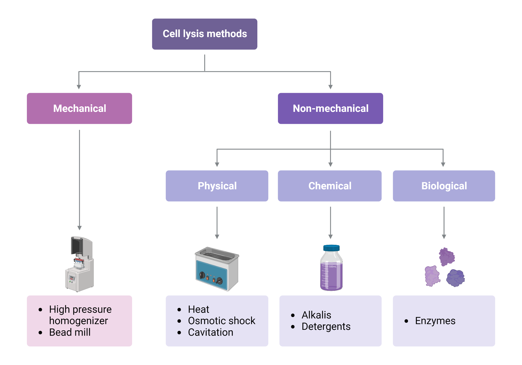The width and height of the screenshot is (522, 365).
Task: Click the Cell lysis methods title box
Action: [205, 34]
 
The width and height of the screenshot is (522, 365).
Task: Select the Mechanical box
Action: [79, 108]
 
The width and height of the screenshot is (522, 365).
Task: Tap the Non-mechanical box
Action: [330, 108]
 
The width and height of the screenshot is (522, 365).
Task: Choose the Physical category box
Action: [217, 186]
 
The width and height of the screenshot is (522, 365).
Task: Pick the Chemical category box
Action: [330, 186]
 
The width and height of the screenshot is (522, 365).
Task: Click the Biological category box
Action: [444, 186]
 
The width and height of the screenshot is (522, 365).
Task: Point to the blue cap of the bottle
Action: [331, 248]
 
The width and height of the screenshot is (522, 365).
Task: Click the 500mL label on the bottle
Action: [333, 266]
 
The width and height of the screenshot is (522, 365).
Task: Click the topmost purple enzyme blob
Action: [447, 257]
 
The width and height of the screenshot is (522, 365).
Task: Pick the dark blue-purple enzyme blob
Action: [455, 278]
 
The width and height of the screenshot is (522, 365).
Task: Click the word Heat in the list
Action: [198, 309]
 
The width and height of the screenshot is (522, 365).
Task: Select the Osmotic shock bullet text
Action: [221, 321]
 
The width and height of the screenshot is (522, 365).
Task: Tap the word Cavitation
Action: [210, 332]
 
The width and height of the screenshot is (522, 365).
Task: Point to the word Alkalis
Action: [316, 315]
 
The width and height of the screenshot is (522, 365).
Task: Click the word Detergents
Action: [326, 327]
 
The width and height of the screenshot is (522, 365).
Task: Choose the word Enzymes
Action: [435, 321]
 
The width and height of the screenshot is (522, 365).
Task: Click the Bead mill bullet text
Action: [70, 332]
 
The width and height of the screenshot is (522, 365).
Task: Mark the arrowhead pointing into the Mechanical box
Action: [79, 87]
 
